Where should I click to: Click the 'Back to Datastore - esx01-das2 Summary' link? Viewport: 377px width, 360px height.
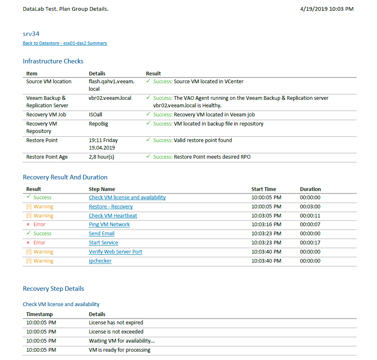[65, 43]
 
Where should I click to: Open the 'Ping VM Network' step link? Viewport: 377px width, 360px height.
[109, 225]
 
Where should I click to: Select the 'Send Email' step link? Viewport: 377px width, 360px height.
[102, 234]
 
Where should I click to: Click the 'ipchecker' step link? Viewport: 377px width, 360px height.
[100, 261]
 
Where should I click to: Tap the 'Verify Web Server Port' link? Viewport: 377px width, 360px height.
[115, 252]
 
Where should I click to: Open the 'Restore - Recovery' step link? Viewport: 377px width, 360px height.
[111, 207]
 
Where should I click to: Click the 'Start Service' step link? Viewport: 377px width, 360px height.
[103, 243]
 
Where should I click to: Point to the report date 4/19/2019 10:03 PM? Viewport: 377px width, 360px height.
[326, 9]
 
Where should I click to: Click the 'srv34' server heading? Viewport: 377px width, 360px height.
[31, 34]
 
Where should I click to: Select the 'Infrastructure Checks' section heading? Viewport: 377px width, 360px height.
[53, 61]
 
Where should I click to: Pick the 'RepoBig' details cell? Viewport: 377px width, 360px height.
[98, 124]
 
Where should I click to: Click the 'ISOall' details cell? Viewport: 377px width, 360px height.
[96, 115]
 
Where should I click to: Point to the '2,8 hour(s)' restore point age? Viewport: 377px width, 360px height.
[102, 157]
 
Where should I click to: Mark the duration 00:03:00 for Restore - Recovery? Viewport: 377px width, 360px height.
[310, 207]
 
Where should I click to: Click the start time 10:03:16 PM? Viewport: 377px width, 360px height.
[266, 225]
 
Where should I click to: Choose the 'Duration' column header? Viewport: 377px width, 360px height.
[310, 189]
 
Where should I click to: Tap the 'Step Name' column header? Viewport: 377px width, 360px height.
[102, 189]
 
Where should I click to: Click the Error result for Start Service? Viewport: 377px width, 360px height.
[39, 243]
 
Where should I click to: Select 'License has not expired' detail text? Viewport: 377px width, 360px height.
[116, 323]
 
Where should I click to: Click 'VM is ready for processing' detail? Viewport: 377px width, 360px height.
[119, 350]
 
